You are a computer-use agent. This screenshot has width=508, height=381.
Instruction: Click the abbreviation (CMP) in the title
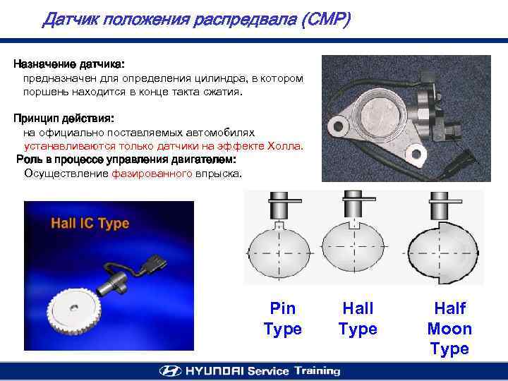326,19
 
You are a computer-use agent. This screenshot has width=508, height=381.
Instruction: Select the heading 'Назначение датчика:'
69,64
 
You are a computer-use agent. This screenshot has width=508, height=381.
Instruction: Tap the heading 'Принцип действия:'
64,119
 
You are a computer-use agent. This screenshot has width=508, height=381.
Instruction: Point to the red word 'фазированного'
152,174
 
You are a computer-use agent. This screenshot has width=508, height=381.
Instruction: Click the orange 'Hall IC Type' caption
90,224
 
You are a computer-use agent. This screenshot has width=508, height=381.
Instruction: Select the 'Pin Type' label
283,318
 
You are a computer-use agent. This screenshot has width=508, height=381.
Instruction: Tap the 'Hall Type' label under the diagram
358,318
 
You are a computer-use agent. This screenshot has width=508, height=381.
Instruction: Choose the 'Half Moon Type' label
449,329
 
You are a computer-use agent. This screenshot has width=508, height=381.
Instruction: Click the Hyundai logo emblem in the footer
171,371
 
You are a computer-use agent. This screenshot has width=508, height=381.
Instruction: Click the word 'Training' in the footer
317,371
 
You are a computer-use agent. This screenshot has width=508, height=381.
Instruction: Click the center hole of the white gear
73,308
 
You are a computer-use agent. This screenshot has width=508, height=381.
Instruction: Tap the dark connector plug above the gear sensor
155,263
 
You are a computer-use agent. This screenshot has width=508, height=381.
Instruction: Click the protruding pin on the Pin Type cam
279,225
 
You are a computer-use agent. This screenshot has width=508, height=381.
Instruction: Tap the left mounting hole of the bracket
338,126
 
